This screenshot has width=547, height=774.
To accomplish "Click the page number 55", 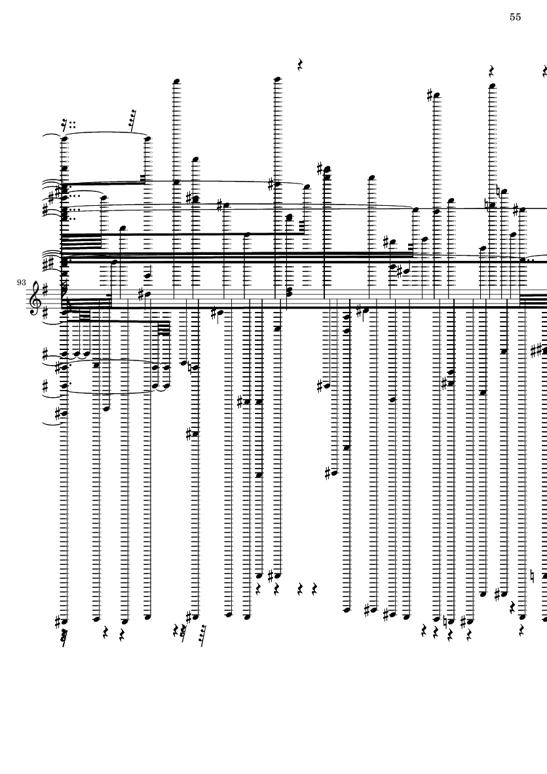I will pyautogui.click(x=515, y=18).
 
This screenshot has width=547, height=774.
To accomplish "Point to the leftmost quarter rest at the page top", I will pyautogui.click(x=300, y=65).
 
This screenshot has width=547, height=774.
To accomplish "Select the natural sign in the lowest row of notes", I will pyautogui.click(x=445, y=619).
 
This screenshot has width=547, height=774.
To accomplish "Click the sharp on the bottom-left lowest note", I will pyautogui.click(x=58, y=619).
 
